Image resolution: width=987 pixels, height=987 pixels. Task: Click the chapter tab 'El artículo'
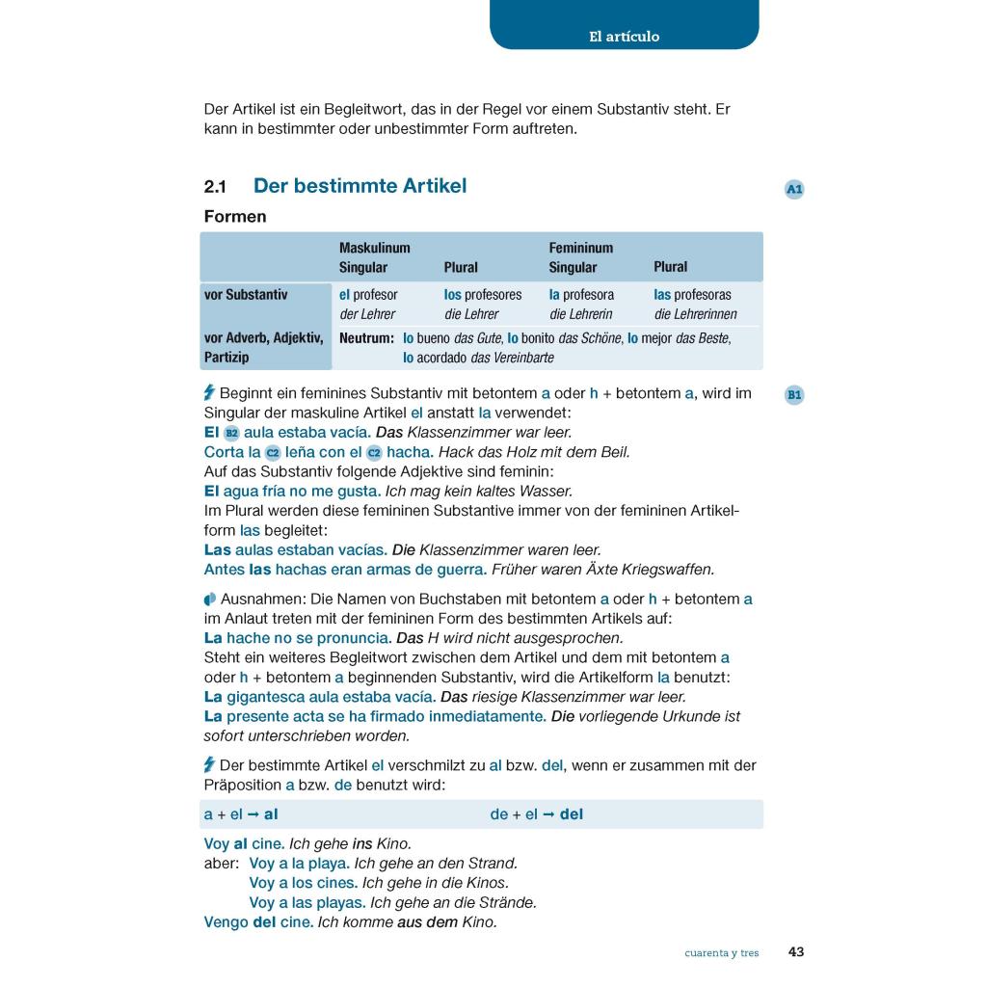click(x=624, y=37)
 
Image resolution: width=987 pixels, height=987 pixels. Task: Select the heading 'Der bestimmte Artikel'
click(x=360, y=186)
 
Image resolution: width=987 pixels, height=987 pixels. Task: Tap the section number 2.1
click(x=215, y=187)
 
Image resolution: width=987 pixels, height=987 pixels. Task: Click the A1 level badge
click(x=794, y=190)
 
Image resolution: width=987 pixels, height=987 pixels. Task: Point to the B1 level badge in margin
click(x=794, y=394)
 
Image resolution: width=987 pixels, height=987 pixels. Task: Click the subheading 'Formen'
click(x=235, y=217)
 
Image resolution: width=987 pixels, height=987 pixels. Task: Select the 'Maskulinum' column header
click(x=374, y=248)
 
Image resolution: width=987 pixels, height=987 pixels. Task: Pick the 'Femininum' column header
click(x=580, y=248)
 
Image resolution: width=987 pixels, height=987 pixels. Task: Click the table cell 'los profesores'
click(x=483, y=295)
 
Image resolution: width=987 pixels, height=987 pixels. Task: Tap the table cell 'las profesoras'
click(x=692, y=295)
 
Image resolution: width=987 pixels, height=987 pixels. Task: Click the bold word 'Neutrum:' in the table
click(x=366, y=338)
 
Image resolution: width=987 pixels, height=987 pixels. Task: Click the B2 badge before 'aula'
click(x=231, y=433)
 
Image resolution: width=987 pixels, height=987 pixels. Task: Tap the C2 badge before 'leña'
click(x=273, y=452)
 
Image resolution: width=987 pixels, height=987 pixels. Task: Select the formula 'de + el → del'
click(x=537, y=814)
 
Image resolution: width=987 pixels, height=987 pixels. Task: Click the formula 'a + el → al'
click(x=241, y=814)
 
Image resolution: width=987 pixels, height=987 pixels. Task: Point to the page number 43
click(x=796, y=952)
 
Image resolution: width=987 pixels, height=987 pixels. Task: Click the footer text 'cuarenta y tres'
click(x=722, y=953)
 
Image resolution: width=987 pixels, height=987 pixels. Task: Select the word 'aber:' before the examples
click(x=221, y=864)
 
